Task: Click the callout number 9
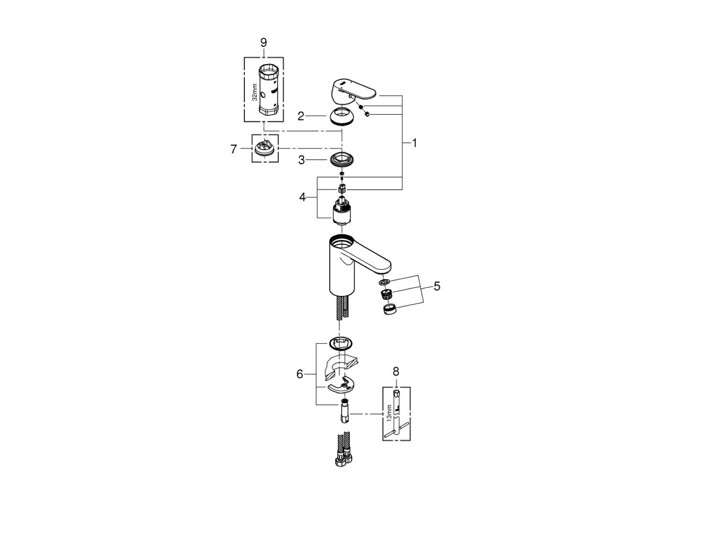tap(263, 43)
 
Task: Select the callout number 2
tap(301, 116)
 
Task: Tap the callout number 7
tap(233, 150)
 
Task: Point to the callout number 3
tap(302, 160)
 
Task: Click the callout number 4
tap(302, 197)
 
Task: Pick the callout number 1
tap(414, 143)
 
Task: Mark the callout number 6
tap(300, 374)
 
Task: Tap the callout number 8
tap(396, 371)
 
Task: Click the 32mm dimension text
tap(255, 91)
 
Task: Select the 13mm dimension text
tap(389, 412)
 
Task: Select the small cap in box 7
tap(264, 148)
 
